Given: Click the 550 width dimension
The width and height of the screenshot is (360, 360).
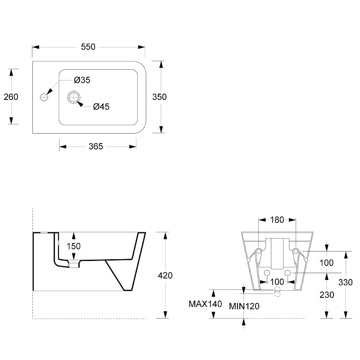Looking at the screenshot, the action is click(x=88, y=47).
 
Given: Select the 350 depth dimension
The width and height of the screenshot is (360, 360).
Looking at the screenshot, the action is click(x=159, y=97).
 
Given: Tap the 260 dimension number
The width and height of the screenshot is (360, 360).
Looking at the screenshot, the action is click(x=11, y=97).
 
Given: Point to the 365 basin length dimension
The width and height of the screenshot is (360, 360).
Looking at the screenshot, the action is click(x=96, y=147).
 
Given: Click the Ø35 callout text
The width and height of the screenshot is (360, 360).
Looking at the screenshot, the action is click(x=82, y=80).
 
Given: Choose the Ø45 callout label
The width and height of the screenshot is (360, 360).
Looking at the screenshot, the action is click(x=101, y=107).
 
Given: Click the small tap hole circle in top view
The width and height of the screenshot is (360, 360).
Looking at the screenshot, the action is click(x=44, y=97).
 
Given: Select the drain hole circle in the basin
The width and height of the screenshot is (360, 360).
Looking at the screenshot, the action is click(x=74, y=97).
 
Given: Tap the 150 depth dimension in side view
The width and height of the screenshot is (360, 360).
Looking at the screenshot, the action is click(x=73, y=246).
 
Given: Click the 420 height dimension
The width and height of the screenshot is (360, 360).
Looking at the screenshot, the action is click(x=165, y=275).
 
